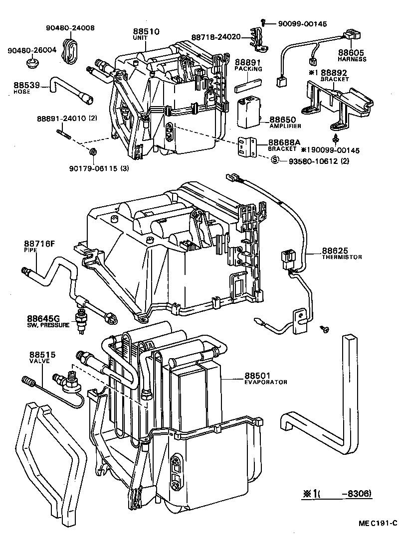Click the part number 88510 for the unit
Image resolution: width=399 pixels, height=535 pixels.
pos(146,31)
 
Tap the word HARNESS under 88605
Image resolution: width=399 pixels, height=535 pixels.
pos(352,59)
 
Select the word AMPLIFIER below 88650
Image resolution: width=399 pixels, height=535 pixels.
pos(283,127)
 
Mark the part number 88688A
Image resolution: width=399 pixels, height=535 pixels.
pos(284,142)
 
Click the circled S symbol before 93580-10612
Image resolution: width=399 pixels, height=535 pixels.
pos(274,159)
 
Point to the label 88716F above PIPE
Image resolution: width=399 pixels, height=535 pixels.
pos(39,244)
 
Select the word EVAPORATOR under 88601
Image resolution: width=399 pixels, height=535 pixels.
pos(266,382)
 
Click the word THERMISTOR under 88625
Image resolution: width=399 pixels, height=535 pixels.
pos(342,257)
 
